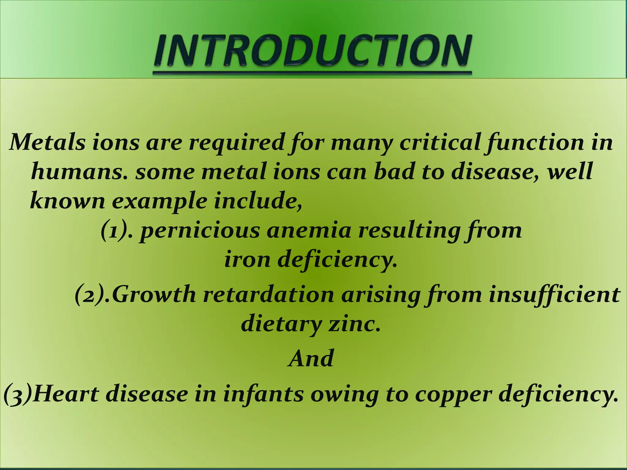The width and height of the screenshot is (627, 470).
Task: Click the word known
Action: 67,200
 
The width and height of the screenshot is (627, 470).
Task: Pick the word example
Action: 159,201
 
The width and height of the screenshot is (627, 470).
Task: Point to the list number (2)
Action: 93,294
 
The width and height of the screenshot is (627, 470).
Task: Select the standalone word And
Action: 311,359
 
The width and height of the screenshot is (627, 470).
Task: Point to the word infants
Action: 263,394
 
